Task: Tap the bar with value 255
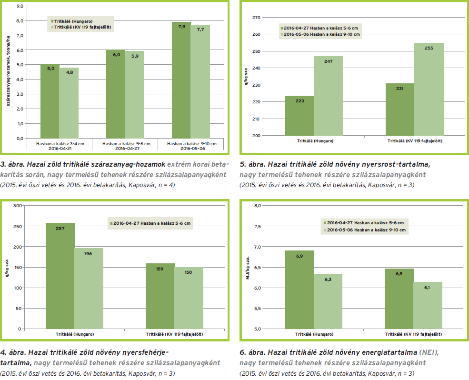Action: [x=429, y=89]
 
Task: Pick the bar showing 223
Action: [x=299, y=115]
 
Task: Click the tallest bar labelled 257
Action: [x=60, y=276]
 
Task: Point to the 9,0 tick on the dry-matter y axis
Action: [x=20, y=6]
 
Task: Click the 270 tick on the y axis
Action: [x=257, y=18]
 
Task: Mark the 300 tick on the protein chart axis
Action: [x=18, y=206]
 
